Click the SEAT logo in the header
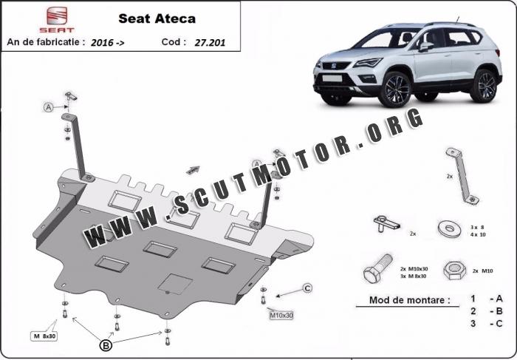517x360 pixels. [57, 20]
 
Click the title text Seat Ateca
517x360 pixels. [157, 18]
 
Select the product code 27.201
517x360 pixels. [210, 43]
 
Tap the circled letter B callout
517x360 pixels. [106, 345]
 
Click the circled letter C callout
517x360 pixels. [307, 288]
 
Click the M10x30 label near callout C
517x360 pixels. [281, 316]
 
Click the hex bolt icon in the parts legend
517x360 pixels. [378, 268]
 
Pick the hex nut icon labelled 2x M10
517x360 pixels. [455, 271]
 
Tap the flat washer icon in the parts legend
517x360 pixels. [449, 229]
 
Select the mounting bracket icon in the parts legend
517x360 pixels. [462, 177]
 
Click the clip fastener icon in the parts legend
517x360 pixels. [386, 224]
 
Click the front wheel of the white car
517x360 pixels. [394, 89]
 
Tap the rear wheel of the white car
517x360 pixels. [484, 86]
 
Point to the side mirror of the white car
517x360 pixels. [425, 47]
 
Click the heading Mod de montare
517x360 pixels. [409, 300]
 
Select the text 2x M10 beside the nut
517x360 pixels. [482, 271]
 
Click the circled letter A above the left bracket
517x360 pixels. [49, 107]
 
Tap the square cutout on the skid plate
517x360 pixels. [175, 284]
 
